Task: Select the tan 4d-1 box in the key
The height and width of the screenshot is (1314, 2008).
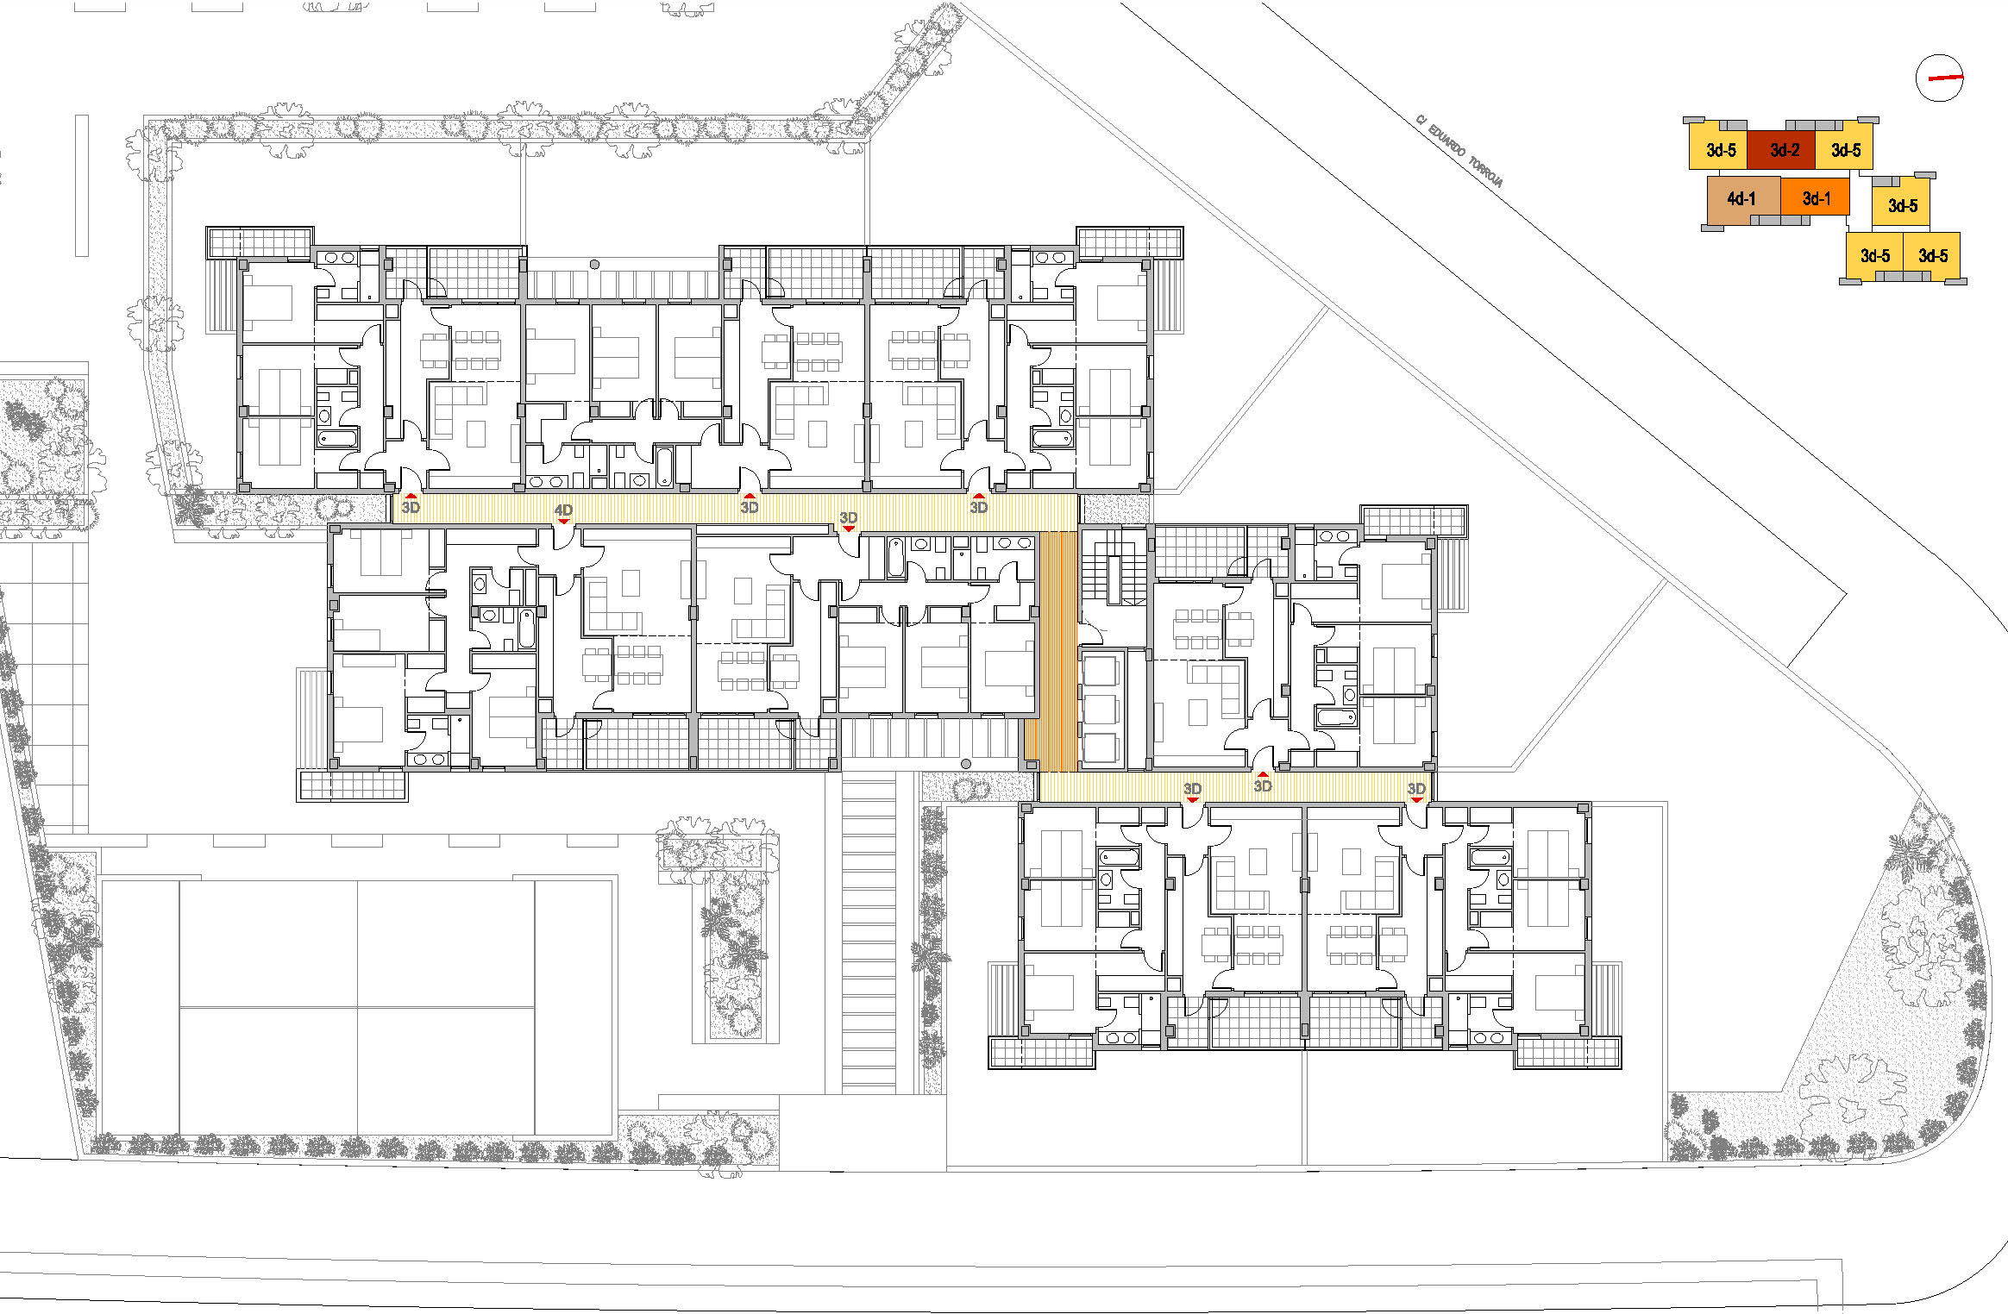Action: click(x=1743, y=199)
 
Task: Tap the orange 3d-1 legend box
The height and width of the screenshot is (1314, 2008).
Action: click(x=1815, y=197)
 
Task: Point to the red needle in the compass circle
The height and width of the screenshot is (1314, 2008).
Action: click(x=1946, y=78)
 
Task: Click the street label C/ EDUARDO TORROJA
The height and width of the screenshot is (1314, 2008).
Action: click(x=1459, y=151)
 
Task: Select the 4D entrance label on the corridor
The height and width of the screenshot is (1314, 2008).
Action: click(x=563, y=510)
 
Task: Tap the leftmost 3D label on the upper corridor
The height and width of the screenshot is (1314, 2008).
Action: click(x=411, y=507)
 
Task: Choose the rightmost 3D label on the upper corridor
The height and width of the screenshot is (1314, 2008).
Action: click(x=978, y=507)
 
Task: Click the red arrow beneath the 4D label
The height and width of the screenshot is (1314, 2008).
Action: click(x=563, y=521)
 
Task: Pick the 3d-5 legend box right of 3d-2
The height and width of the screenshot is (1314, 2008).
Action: click(x=1844, y=150)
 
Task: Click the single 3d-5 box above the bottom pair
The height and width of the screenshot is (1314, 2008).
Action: click(x=1901, y=205)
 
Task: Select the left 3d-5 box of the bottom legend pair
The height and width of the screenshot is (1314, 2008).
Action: click(x=1874, y=256)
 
